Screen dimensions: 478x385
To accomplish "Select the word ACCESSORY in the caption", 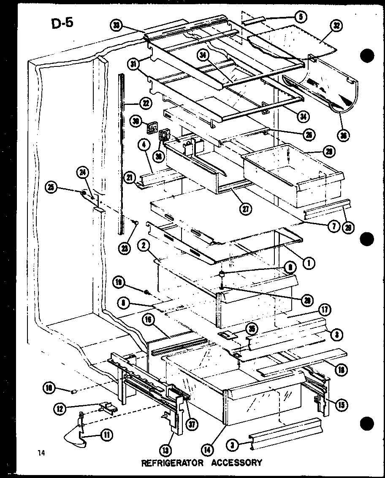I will click(x=235, y=462).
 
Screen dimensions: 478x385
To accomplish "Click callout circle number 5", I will click(x=301, y=17).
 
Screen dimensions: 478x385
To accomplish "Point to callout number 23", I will click(x=123, y=237).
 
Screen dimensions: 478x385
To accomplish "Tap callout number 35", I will click(x=252, y=329).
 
